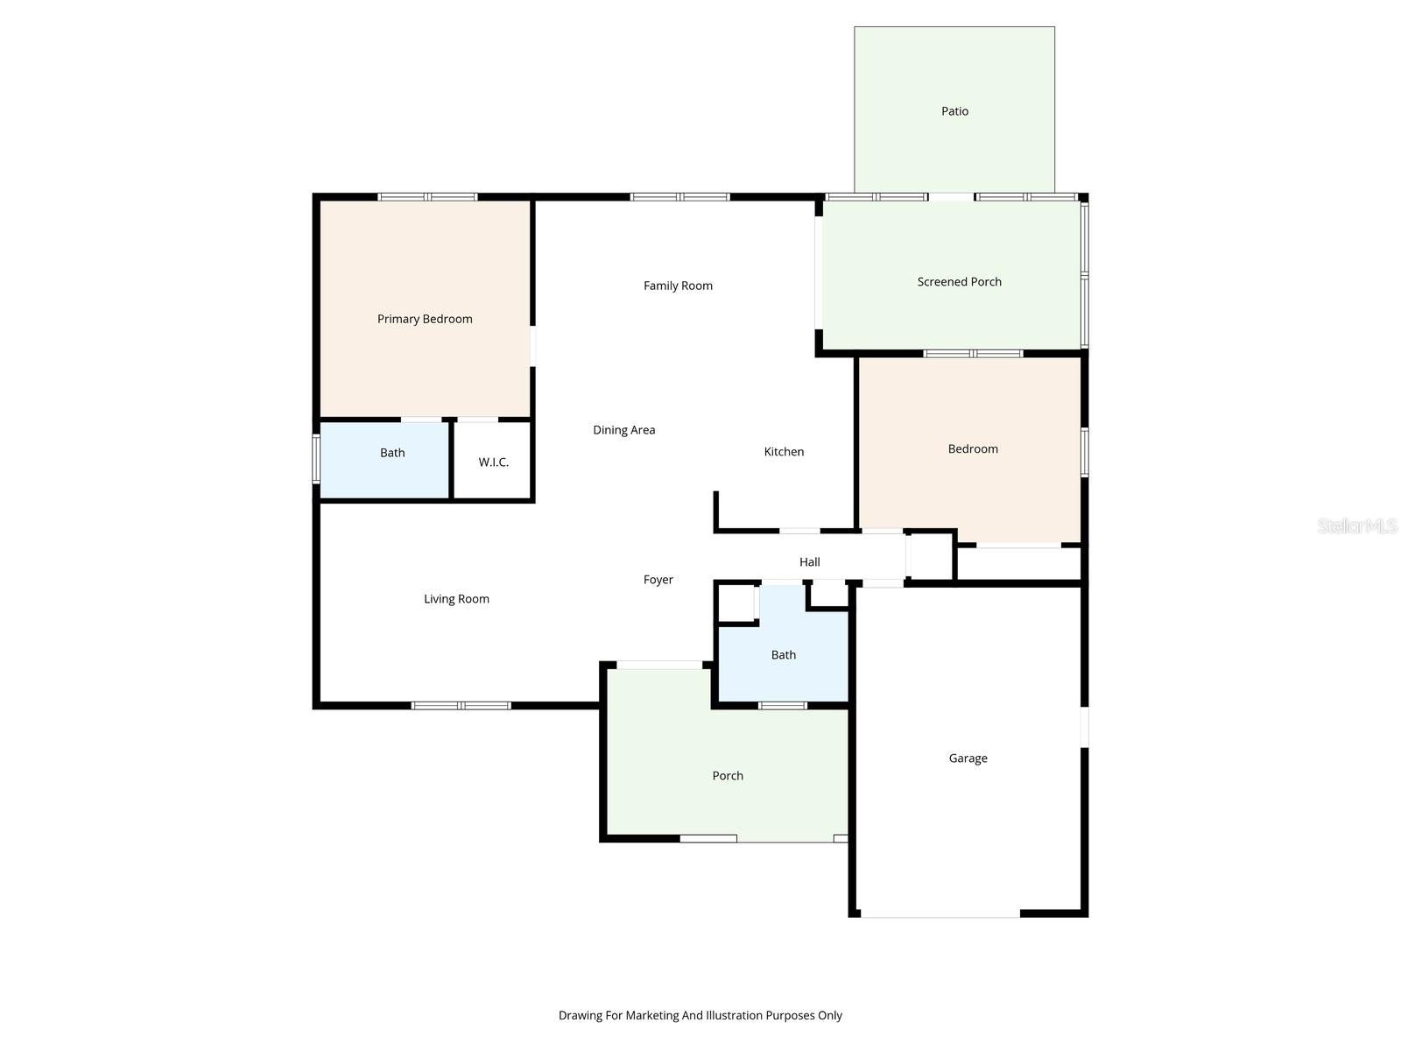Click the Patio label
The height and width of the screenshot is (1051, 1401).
click(x=954, y=111)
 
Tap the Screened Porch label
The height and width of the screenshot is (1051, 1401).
click(x=959, y=282)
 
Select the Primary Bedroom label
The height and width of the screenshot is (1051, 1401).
click(x=425, y=319)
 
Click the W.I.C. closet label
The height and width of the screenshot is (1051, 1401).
click(x=493, y=462)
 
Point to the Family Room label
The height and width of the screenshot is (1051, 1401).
click(x=678, y=286)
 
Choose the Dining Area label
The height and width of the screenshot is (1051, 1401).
click(x=623, y=430)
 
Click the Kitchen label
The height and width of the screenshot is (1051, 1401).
click(x=784, y=452)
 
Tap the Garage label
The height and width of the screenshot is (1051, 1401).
click(x=968, y=758)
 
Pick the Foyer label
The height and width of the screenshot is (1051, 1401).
click(x=658, y=580)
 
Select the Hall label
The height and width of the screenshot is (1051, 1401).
click(x=809, y=562)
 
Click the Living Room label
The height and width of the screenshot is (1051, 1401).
click(x=456, y=599)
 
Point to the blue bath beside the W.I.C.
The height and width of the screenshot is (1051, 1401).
click(x=392, y=453)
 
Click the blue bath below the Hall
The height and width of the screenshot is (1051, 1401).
click(x=784, y=655)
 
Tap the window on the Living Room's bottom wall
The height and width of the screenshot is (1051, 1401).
click(x=461, y=705)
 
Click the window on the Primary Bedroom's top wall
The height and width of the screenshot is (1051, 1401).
click(x=427, y=197)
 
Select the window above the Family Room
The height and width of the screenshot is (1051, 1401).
click(x=680, y=197)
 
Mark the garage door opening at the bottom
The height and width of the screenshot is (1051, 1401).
click(x=940, y=915)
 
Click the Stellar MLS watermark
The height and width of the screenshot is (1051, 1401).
click(x=1357, y=525)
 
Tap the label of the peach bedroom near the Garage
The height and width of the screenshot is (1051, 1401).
click(x=973, y=449)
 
